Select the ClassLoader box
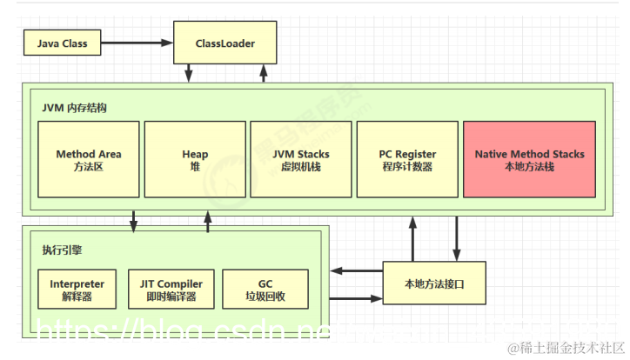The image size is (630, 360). (x=226, y=42)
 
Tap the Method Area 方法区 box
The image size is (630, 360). (x=88, y=159)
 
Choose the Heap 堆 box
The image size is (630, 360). (x=195, y=159)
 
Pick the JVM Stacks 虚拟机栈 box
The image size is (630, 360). (x=301, y=159)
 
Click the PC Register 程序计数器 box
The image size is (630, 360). (x=407, y=159)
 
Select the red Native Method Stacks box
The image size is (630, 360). (x=529, y=159)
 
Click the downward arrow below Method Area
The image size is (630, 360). (x=133, y=221)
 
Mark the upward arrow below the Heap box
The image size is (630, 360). (x=207, y=223)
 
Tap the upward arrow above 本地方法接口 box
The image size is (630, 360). (x=411, y=237)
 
